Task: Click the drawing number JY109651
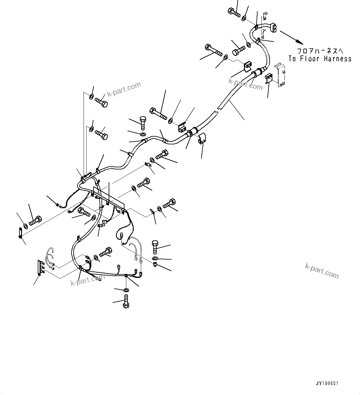(327, 383)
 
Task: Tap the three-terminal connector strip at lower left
(40, 267)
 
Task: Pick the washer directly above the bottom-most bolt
(126, 290)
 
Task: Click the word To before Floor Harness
(293, 59)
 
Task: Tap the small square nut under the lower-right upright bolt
(155, 264)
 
